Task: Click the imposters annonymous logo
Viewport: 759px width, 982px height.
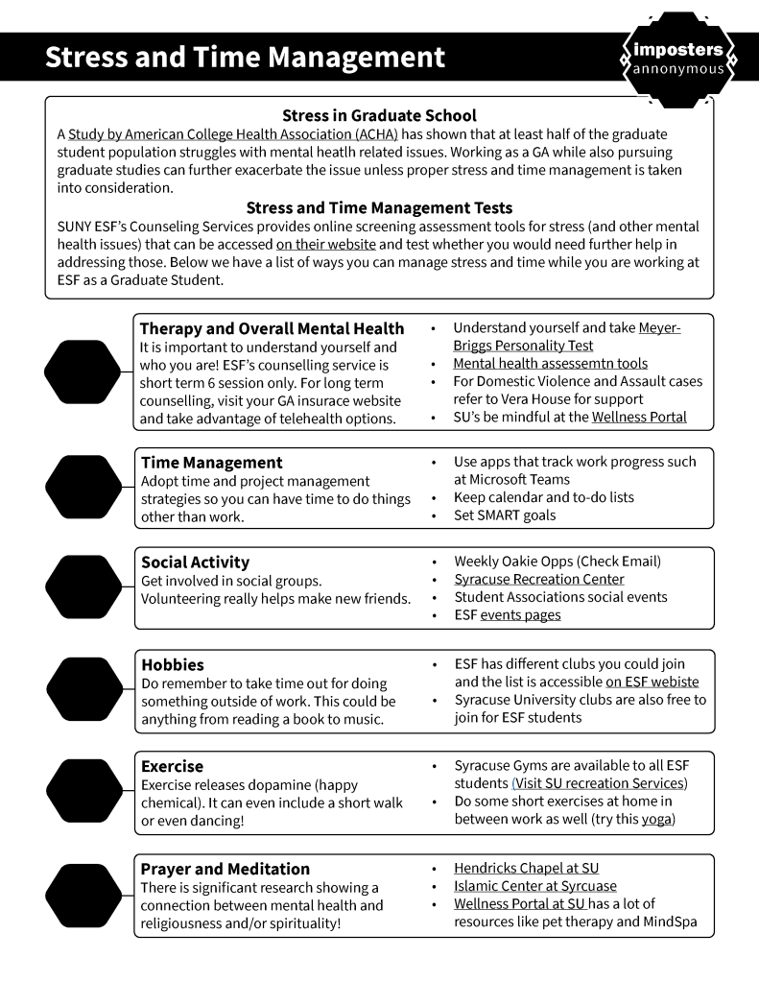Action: coord(679,59)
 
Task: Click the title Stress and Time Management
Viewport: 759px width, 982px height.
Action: coord(245,58)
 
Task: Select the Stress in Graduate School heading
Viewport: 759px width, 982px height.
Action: coord(379,116)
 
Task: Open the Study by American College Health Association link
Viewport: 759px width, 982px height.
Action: coord(232,134)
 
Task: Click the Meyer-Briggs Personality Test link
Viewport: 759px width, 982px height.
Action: coord(567,336)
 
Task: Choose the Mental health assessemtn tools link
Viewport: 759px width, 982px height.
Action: coord(550,364)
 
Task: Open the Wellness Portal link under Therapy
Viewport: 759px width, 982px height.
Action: coord(638,417)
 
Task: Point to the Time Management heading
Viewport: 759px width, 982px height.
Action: coord(212,463)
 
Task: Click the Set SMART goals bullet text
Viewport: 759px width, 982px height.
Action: coord(505,515)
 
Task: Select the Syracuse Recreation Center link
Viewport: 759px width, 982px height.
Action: coord(539,579)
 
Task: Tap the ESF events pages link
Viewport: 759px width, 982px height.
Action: coord(520,614)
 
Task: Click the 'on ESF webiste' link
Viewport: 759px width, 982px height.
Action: coord(652,682)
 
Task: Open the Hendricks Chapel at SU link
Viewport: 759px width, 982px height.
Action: coord(526,868)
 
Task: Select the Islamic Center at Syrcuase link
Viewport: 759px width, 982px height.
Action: coord(535,886)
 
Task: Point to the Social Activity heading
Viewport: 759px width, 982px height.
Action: coord(195,563)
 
